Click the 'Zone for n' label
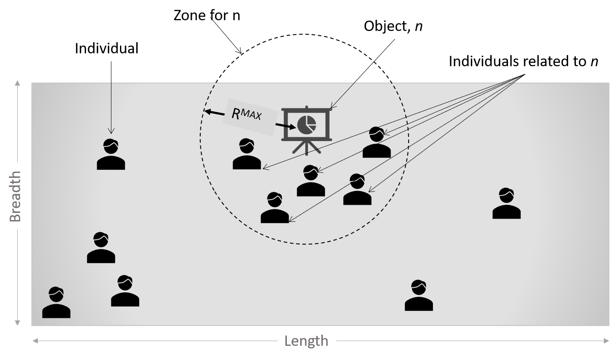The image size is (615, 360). (x=207, y=15)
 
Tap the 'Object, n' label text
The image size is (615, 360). (x=393, y=26)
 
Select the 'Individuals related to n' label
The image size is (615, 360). (x=523, y=61)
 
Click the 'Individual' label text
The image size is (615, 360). (x=107, y=49)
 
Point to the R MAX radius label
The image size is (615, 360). (x=246, y=114)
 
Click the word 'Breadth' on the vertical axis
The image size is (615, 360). (x=15, y=196)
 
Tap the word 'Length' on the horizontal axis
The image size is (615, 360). (x=306, y=342)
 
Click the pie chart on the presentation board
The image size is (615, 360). (x=307, y=125)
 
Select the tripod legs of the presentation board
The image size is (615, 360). (x=306, y=148)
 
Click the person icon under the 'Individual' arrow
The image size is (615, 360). (x=111, y=154)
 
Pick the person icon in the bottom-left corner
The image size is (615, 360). (x=56, y=302)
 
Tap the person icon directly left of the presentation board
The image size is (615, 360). (x=247, y=154)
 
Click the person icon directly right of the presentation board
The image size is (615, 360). (x=377, y=142)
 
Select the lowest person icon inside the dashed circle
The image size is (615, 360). (x=275, y=208)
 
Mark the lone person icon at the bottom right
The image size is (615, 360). (x=419, y=295)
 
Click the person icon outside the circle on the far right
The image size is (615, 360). (x=507, y=203)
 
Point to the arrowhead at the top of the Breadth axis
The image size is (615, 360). (x=17, y=83)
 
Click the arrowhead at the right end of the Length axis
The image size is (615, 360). (x=606, y=341)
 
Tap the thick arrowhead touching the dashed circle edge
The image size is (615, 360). (x=208, y=111)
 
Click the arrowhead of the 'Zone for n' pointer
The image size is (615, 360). (x=240, y=51)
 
